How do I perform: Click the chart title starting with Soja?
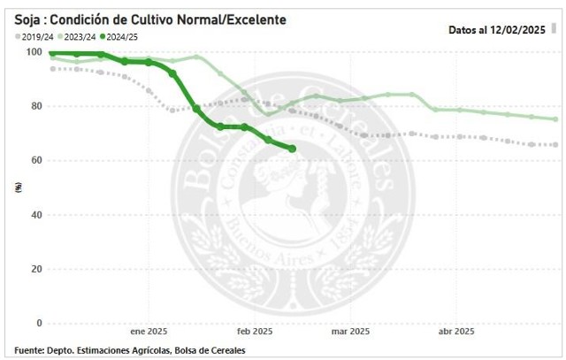coord(149,19)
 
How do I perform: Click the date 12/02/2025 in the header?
coord(517,29)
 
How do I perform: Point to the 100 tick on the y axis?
coord(33,52)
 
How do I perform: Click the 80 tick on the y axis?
coord(35,106)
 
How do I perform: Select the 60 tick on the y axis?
coord(35,160)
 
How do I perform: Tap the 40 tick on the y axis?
coord(35,215)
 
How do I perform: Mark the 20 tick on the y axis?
coord(35,269)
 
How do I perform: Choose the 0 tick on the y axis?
coord(38,323)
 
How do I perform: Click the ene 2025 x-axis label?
coord(149,333)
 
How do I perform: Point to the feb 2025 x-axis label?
coord(254,333)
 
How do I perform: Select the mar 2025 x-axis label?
coord(350,333)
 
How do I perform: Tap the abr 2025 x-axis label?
coord(456,333)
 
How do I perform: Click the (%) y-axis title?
coord(19,187)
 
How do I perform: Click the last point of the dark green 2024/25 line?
coord(292,149)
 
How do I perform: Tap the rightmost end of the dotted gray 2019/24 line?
coord(555,145)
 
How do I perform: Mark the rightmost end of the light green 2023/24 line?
coord(555,119)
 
